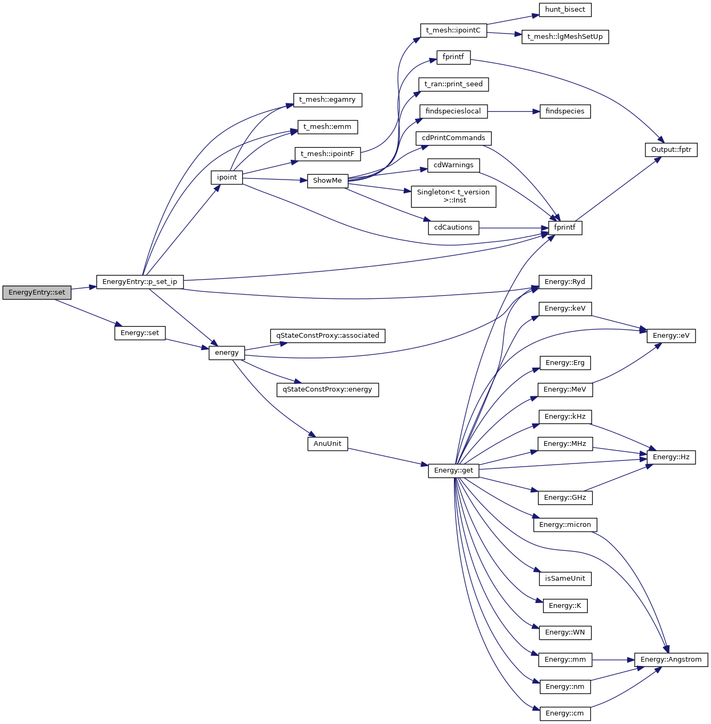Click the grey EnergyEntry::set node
37,292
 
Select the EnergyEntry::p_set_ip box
140,282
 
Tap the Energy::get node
453,470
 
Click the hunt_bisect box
565,10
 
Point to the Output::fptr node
671,150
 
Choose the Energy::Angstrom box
671,660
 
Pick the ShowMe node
327,181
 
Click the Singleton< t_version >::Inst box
453,196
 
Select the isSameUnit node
565,579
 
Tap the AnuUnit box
327,444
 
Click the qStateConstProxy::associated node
327,336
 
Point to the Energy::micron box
565,525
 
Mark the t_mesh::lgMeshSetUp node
565,37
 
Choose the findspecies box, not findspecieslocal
565,111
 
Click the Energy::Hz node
671,457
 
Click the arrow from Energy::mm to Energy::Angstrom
613,660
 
